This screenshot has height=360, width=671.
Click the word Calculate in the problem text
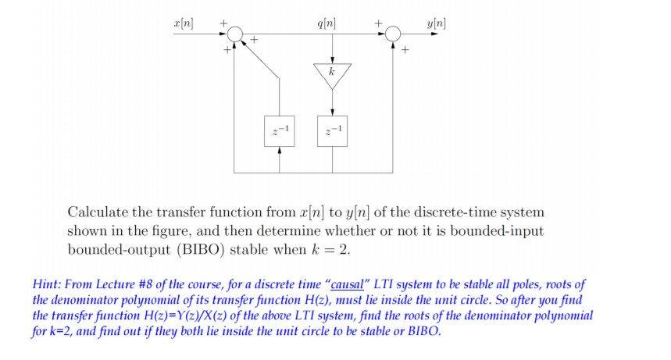[100, 212]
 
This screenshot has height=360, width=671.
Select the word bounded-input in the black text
[497, 230]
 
